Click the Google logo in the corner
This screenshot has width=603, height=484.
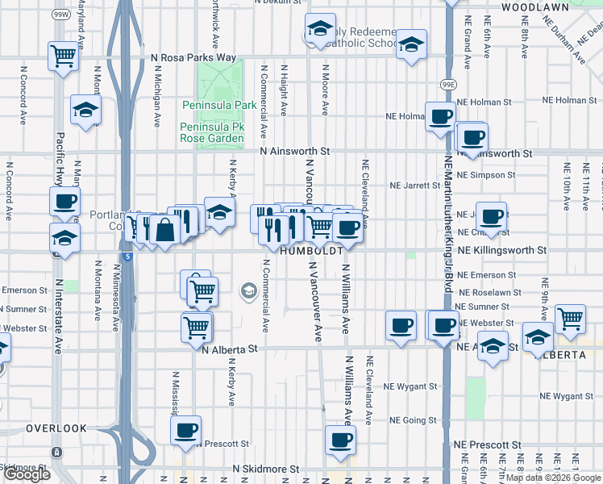tap(27, 474)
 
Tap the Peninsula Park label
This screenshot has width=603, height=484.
tap(218, 105)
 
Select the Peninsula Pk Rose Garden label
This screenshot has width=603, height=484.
tap(211, 133)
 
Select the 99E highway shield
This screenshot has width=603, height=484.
tap(450, 83)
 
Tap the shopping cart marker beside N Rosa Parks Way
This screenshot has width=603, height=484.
tap(64, 56)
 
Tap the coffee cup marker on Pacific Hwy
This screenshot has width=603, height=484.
tap(64, 201)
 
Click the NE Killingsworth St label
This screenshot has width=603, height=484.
tap(502, 251)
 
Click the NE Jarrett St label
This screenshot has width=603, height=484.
tap(415, 185)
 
